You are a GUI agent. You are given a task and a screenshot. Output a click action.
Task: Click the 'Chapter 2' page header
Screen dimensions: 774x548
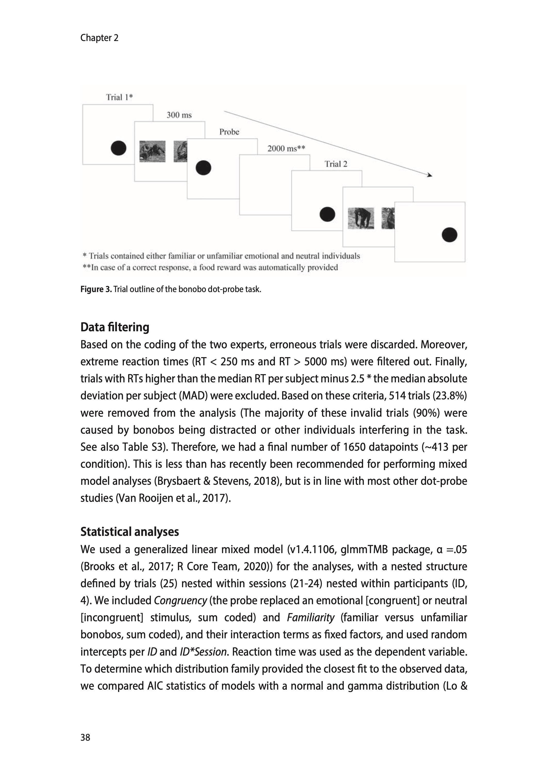99,38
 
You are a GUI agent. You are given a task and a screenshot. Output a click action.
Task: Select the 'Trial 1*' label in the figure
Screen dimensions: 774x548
119,97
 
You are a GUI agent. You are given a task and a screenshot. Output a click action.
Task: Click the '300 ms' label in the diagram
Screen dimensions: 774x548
179,115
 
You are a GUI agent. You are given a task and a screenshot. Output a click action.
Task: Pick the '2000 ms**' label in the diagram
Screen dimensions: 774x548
286,149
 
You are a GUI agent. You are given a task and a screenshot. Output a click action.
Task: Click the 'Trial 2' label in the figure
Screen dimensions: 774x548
336,164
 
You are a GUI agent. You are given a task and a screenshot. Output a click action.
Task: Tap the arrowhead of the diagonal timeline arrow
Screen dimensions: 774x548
430,175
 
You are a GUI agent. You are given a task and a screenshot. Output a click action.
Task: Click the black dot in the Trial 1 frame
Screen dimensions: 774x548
118,148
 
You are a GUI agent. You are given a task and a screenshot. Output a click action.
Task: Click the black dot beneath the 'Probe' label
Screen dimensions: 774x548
203,167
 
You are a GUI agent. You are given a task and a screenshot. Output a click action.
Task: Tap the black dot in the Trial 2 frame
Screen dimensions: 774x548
327,214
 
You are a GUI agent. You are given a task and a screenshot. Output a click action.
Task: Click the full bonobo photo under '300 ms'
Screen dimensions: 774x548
152,151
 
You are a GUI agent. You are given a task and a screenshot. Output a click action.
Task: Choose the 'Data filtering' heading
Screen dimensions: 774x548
115,327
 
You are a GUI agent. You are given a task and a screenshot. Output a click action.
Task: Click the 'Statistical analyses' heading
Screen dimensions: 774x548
129,532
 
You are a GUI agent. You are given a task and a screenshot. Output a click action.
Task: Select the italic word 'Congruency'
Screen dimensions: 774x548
180,601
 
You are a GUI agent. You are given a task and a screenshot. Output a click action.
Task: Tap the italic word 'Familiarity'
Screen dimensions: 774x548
310,617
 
